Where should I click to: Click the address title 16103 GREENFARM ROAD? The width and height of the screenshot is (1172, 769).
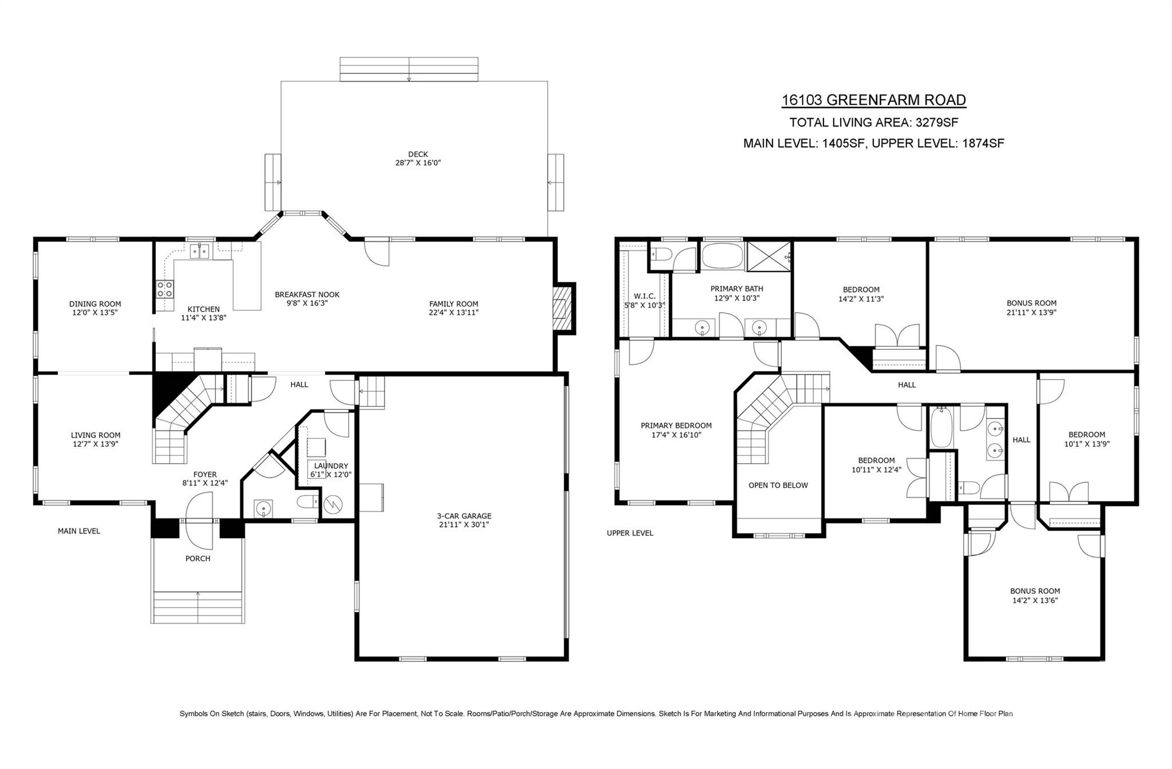click(873, 100)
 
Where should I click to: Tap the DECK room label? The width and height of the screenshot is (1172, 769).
click(418, 154)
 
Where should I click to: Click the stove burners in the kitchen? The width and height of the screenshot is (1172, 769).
click(165, 289)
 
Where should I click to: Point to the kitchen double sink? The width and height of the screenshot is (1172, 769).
click(199, 251)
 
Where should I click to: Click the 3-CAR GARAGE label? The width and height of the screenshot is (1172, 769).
click(464, 516)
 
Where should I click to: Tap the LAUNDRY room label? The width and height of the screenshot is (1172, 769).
click(331, 466)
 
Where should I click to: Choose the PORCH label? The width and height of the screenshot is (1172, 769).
click(197, 558)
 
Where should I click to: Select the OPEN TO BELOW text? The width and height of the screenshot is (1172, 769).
click(778, 485)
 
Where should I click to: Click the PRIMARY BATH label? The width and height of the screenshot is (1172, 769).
click(737, 289)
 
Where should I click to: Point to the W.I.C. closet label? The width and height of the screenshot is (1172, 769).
click(644, 296)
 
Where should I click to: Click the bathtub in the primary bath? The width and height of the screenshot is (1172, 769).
click(722, 257)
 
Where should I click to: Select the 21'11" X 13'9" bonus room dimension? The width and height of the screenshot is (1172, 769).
click(1031, 313)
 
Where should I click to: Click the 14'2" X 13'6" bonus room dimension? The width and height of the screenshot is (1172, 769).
click(1035, 601)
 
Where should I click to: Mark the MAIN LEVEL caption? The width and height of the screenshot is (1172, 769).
click(79, 531)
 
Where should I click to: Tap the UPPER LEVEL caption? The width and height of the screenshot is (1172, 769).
click(629, 533)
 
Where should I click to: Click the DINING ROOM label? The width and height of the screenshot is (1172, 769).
click(95, 304)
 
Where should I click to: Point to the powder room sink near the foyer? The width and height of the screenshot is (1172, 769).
click(263, 507)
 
